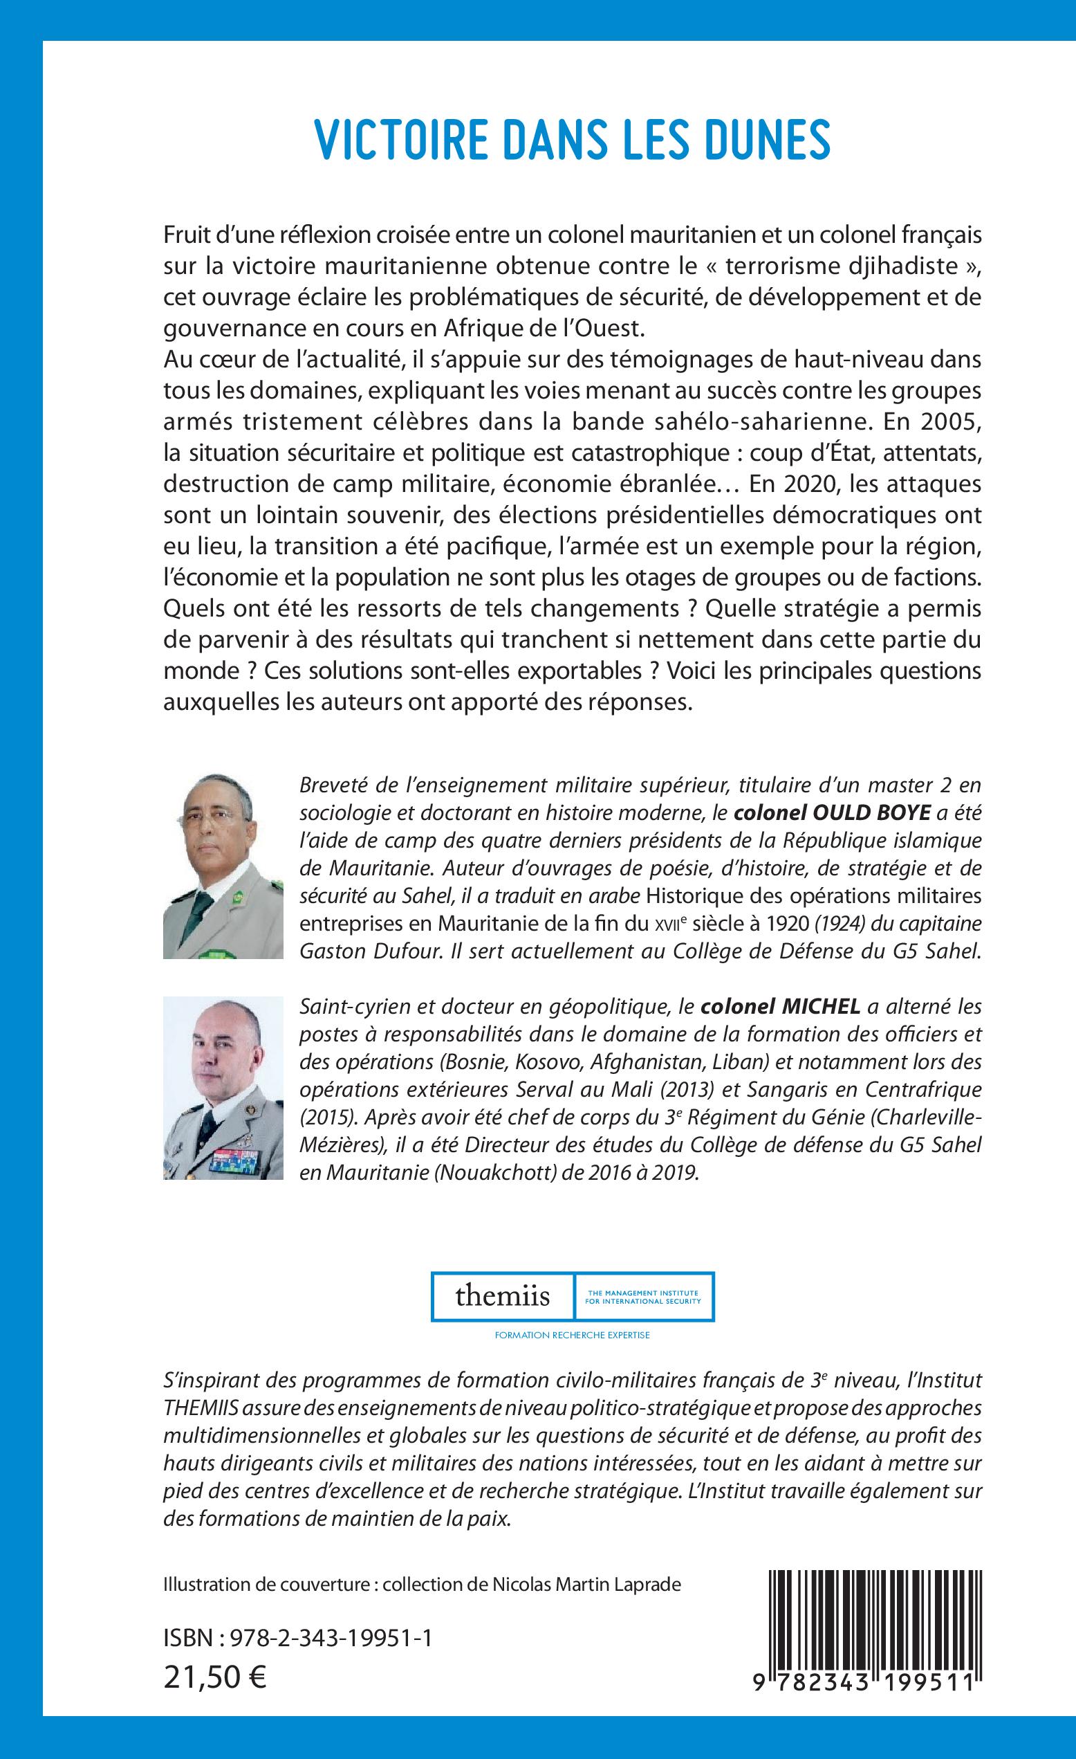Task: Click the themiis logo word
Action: pyautogui.click(x=502, y=1295)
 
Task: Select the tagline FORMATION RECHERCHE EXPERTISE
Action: pyautogui.click(x=573, y=1335)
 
